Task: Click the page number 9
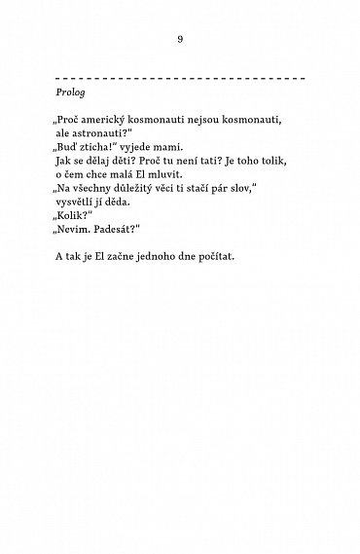(x=180, y=39)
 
